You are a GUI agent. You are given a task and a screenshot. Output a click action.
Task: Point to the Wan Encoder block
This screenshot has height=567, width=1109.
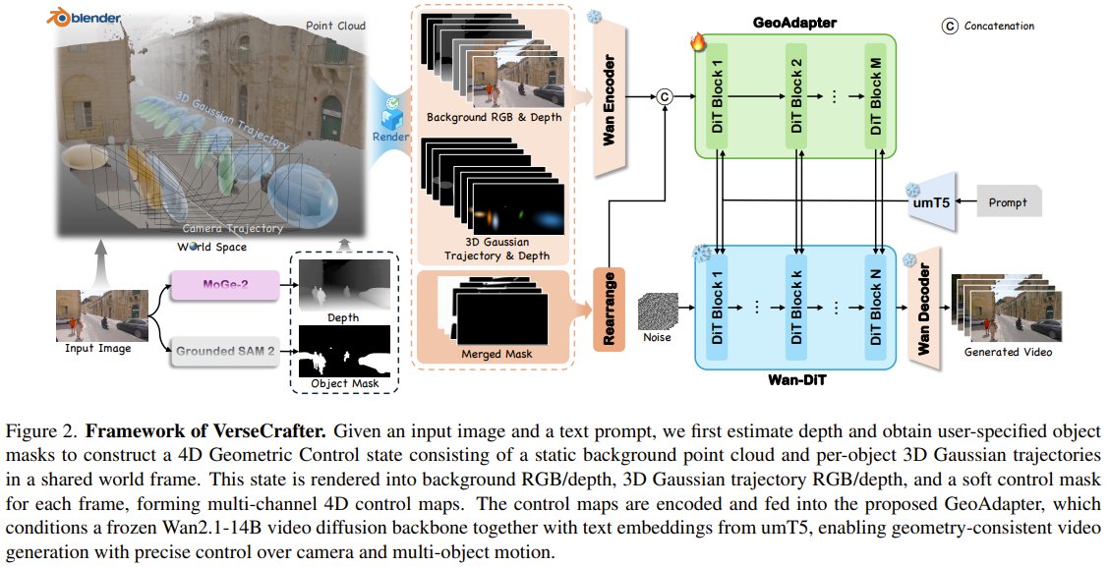[x=609, y=97]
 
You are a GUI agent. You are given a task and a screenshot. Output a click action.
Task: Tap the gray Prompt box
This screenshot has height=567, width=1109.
[x=1008, y=202]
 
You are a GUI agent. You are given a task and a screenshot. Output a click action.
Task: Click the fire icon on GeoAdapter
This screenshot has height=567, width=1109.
[x=699, y=42]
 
